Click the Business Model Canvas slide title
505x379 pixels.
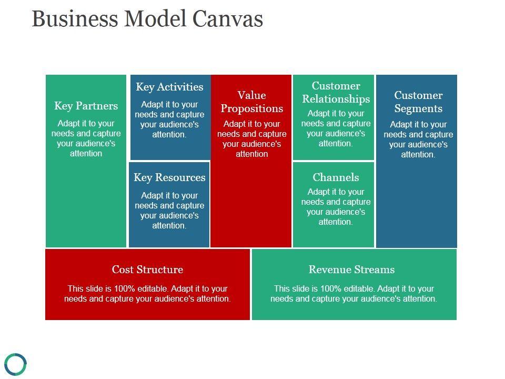pos(147,19)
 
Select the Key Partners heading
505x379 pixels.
pos(86,106)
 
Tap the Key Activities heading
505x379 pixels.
pos(169,87)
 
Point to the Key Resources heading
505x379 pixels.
pos(169,177)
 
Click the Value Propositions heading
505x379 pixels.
pos(251,102)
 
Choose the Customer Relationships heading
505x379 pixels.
pos(336,92)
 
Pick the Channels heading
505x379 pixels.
pos(336,177)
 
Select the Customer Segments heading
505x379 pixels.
pos(418,102)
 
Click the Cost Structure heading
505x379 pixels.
pos(147,270)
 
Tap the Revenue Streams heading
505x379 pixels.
pos(351,270)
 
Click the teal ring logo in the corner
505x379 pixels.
pos(15,364)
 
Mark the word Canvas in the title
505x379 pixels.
pos(227,19)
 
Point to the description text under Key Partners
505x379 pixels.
pos(86,138)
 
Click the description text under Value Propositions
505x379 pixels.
pos(251,139)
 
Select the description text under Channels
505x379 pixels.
pos(336,207)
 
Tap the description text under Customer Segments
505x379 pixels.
pos(418,139)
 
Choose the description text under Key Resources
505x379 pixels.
pos(169,211)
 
